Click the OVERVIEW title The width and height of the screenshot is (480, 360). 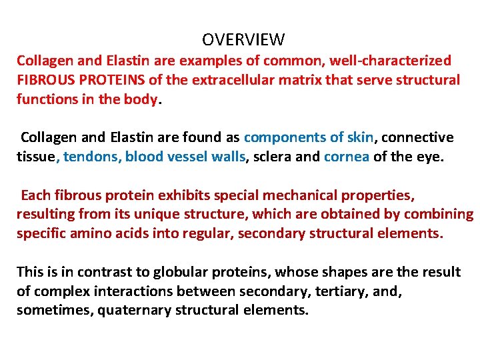pos(243,40)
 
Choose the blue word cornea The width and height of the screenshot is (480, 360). pos(346,157)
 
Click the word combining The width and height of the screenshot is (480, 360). pos(432,215)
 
